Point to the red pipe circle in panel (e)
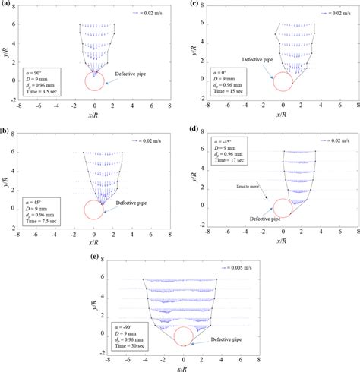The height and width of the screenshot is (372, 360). click(183, 336)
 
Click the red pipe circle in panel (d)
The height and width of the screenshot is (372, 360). click(283, 208)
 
